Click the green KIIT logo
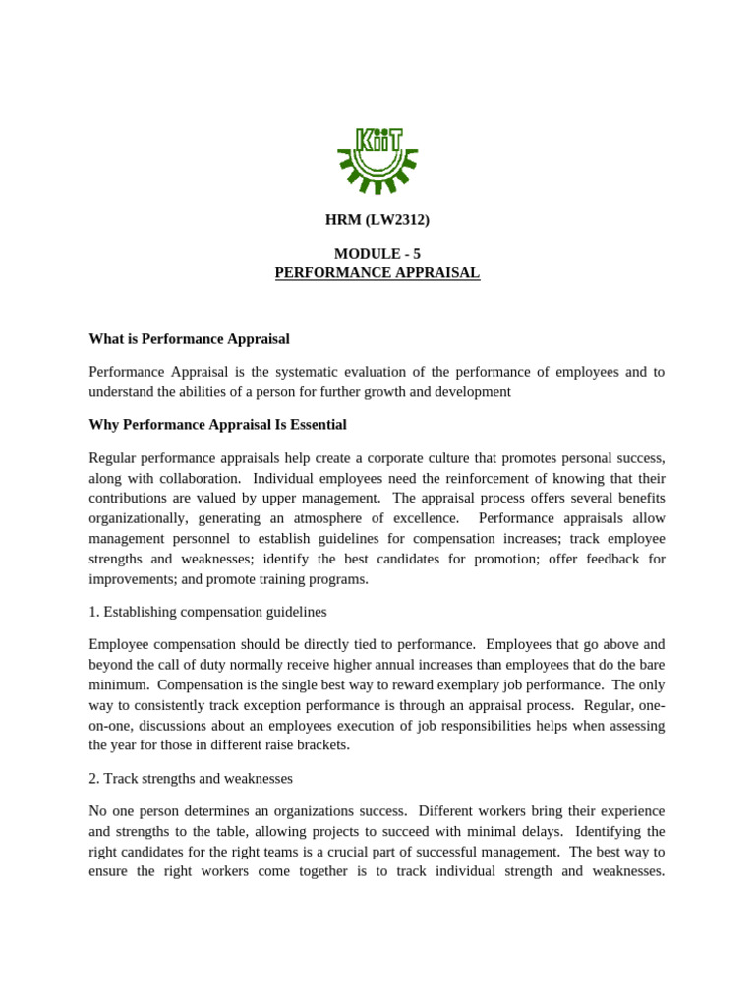[x=377, y=157]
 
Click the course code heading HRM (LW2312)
[x=377, y=220]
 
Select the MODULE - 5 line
[x=377, y=254]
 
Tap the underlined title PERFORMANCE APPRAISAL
[x=377, y=272]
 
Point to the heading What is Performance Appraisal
[x=189, y=339]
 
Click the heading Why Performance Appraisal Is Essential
[x=217, y=425]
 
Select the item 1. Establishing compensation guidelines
[x=207, y=612]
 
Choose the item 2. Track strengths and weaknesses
[x=191, y=778]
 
